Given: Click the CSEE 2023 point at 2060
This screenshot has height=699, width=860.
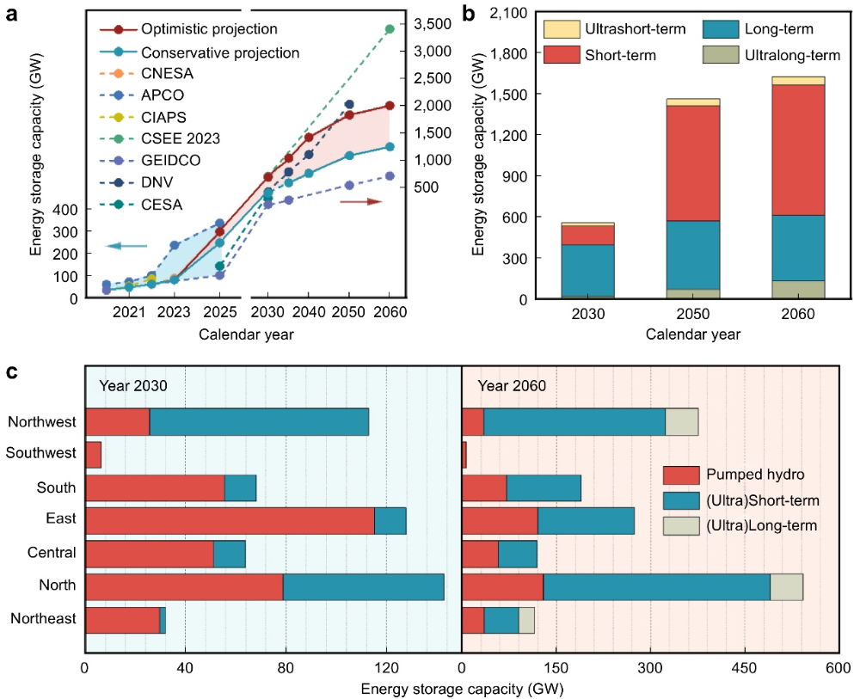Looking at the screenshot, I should click(x=390, y=29).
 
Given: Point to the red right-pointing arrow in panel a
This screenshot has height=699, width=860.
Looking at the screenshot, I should click(x=361, y=201).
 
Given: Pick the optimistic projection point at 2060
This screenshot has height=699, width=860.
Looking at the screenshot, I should click(x=390, y=105).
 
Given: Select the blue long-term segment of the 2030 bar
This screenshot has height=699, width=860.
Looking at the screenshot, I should click(x=587, y=270).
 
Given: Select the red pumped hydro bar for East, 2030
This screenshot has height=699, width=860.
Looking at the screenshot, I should click(x=230, y=521).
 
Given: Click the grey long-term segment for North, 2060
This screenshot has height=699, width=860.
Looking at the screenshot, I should click(x=786, y=587).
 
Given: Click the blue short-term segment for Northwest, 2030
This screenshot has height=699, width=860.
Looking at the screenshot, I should click(x=259, y=421).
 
